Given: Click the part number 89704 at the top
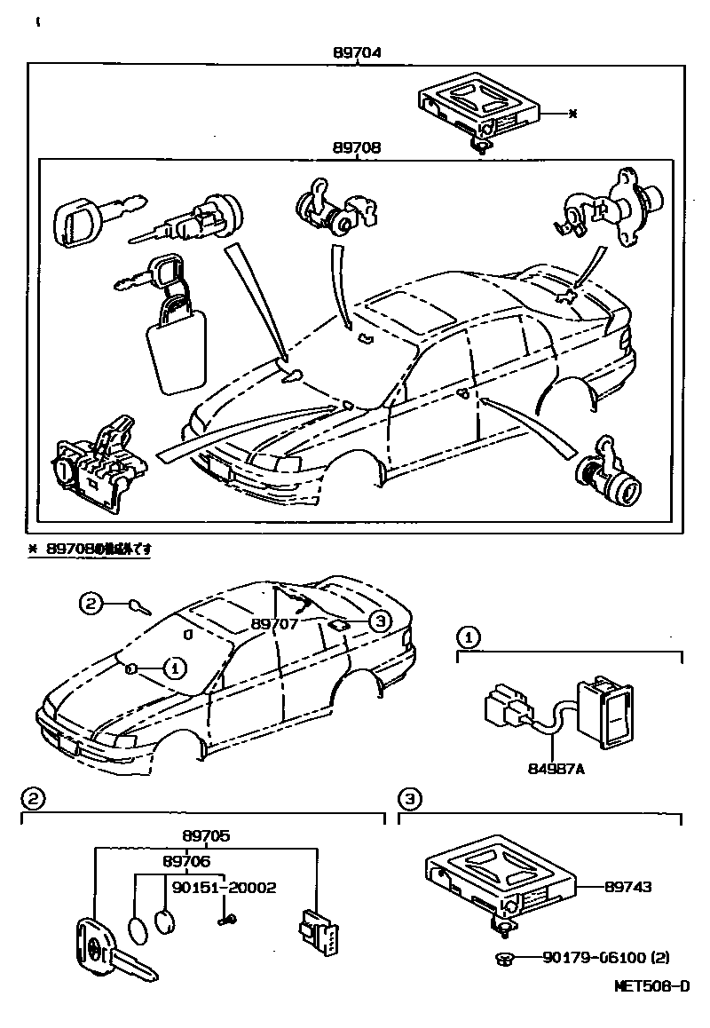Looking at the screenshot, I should (357, 53).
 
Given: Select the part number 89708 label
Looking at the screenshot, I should (357, 148).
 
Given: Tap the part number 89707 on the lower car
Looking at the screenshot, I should (275, 624).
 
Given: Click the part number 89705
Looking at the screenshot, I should (207, 835).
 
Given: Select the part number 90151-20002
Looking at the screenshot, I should (225, 887).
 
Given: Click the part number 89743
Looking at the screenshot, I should (628, 886).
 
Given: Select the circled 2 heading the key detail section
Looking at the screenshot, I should (32, 800).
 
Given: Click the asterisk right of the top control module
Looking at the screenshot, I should (572, 114).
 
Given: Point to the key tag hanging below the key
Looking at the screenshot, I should (177, 346).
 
